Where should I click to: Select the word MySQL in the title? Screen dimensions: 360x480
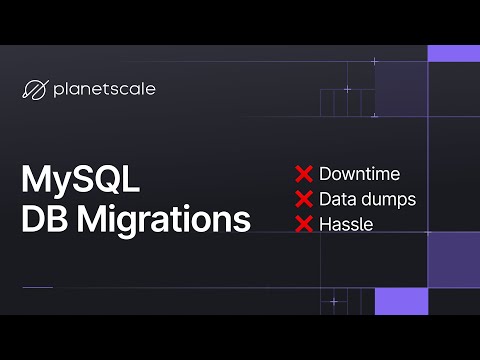[x=80, y=181]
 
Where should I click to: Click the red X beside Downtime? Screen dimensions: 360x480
[x=304, y=174]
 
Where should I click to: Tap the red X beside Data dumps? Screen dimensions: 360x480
[x=304, y=199]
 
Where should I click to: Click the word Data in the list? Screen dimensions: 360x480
[x=338, y=199]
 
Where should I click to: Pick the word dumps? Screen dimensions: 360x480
[x=390, y=199]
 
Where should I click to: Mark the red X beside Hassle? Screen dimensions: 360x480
[x=304, y=224]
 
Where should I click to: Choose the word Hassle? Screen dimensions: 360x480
[x=346, y=224]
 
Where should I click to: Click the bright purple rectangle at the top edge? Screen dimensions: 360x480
[x=453, y=53]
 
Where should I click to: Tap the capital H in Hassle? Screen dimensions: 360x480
[x=325, y=224]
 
